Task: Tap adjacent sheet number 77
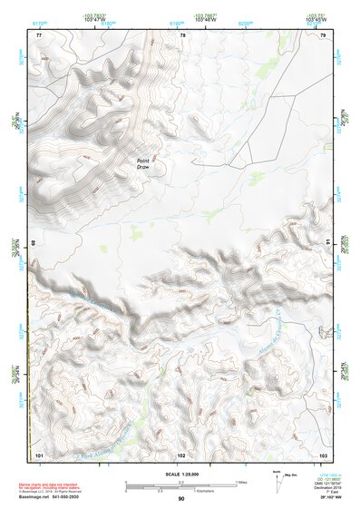point(38,34)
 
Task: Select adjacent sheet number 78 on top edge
point(182,34)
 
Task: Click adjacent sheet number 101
point(39,454)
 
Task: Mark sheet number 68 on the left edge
point(35,243)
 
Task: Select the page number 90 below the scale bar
point(181,498)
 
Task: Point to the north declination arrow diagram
point(277,484)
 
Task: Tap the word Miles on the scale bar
point(241,481)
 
